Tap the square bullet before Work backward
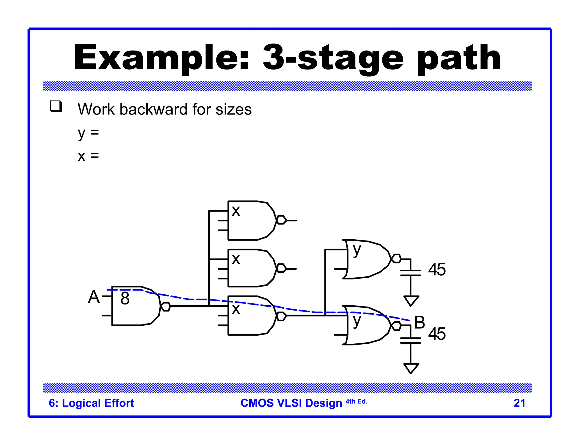[x=56, y=106]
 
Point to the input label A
[x=94, y=297]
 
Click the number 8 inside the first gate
[x=125, y=298]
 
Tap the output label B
[x=419, y=322]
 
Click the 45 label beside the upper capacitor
[x=437, y=269]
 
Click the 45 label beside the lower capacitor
[x=437, y=334]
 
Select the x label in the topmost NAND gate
[x=236, y=211]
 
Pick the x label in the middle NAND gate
[x=236, y=259]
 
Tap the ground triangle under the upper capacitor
[x=411, y=300]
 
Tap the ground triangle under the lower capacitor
[x=411, y=368]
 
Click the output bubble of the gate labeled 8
[x=166, y=306]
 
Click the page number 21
[x=519, y=403]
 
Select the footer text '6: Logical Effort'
[x=91, y=403]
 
